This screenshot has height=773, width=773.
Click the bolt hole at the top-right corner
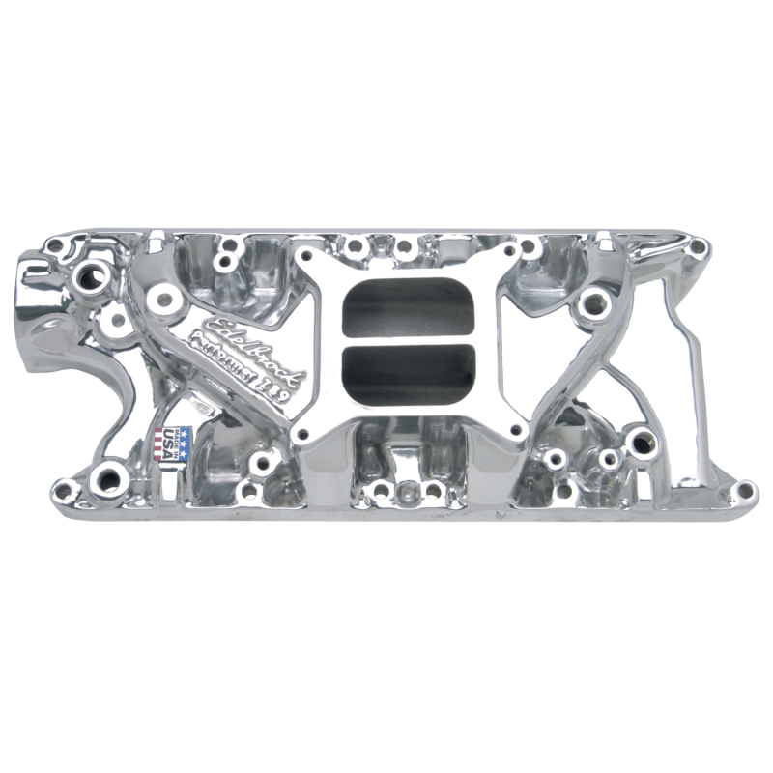point(695,247)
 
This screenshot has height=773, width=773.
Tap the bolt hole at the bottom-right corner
point(741,492)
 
